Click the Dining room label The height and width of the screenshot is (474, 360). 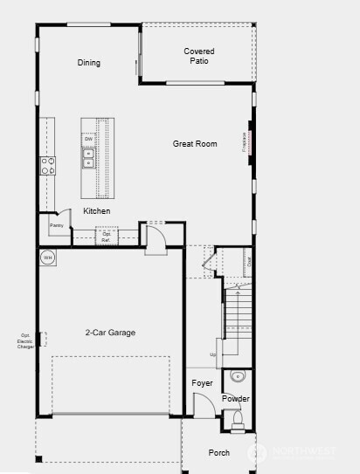tap(89, 63)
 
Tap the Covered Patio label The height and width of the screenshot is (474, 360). tap(199, 57)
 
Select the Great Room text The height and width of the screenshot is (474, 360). tap(195, 144)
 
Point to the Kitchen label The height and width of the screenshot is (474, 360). tap(96, 211)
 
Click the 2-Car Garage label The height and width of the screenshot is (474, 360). tap(110, 333)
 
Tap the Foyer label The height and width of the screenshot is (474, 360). tap(202, 383)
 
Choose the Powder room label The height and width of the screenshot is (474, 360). tap(235, 399)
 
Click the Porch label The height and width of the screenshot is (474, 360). tap(218, 452)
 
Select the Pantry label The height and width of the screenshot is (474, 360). tap(56, 226)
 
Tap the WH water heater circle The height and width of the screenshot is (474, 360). tap(48, 258)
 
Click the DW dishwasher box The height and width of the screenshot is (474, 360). tap(88, 140)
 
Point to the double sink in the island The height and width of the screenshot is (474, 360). tap(88, 157)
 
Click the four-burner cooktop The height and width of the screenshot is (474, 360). tap(47, 165)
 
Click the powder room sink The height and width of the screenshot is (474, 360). tap(237, 377)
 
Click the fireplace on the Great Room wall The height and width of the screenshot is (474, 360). tap(251, 142)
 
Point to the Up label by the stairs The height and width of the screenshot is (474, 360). tap(212, 354)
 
